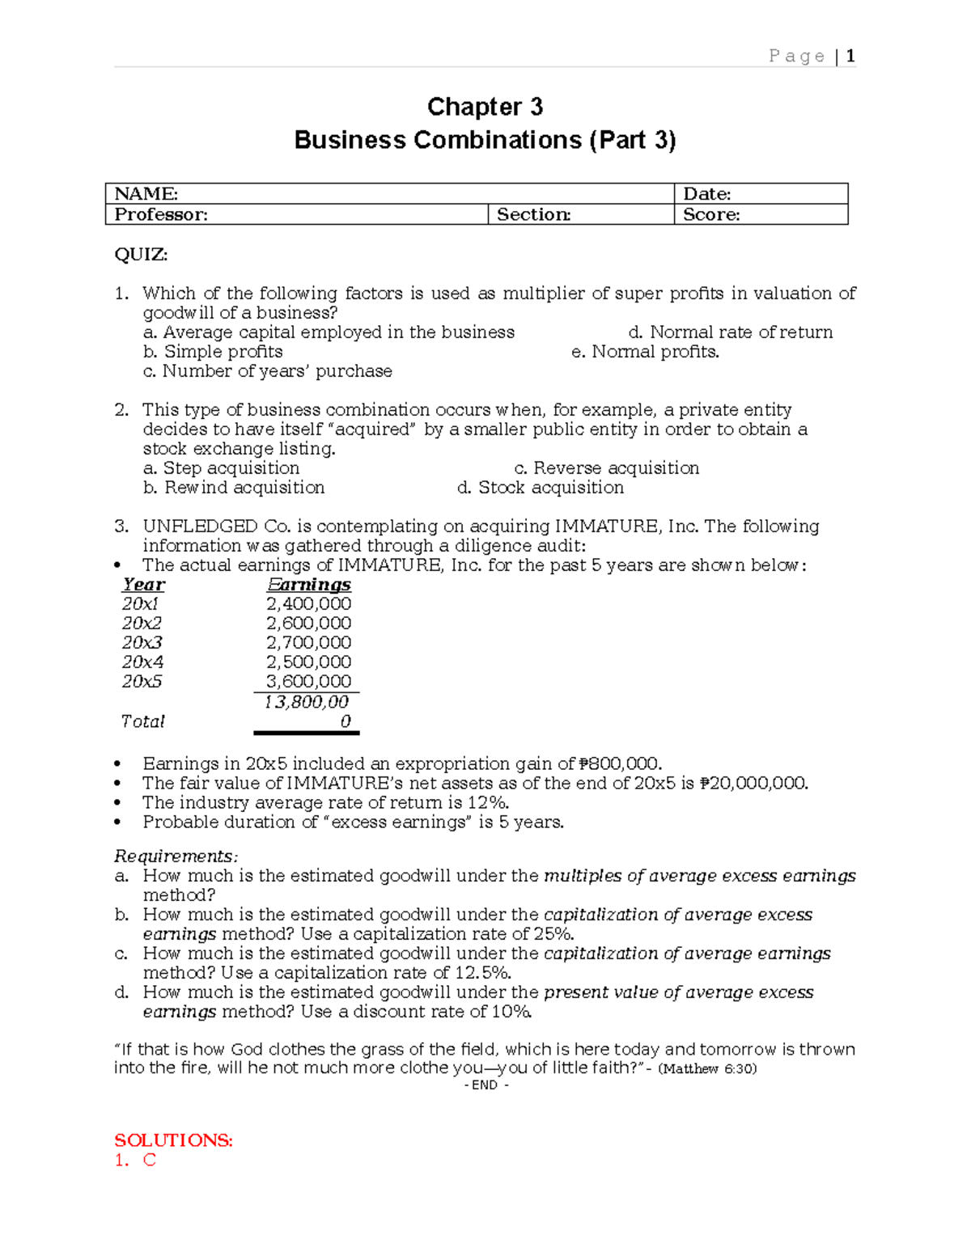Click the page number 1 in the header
tap(850, 56)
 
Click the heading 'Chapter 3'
tap(485, 107)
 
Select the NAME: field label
tap(146, 193)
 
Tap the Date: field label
tap(706, 193)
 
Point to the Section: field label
tap(533, 214)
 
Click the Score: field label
tap(711, 214)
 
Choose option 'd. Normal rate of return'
tap(730, 332)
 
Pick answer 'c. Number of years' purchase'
tap(267, 371)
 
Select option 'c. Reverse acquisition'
tap(606, 468)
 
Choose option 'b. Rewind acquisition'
tap(234, 488)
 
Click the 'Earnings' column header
tap(308, 585)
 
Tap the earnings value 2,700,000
tap(308, 643)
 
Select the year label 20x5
tap(142, 682)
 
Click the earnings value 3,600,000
tap(308, 682)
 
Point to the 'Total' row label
tap(142, 721)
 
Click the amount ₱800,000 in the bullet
tap(620, 763)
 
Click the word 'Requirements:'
tap(176, 856)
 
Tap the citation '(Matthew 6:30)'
tap(708, 1068)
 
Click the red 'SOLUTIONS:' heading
tap(173, 1140)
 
